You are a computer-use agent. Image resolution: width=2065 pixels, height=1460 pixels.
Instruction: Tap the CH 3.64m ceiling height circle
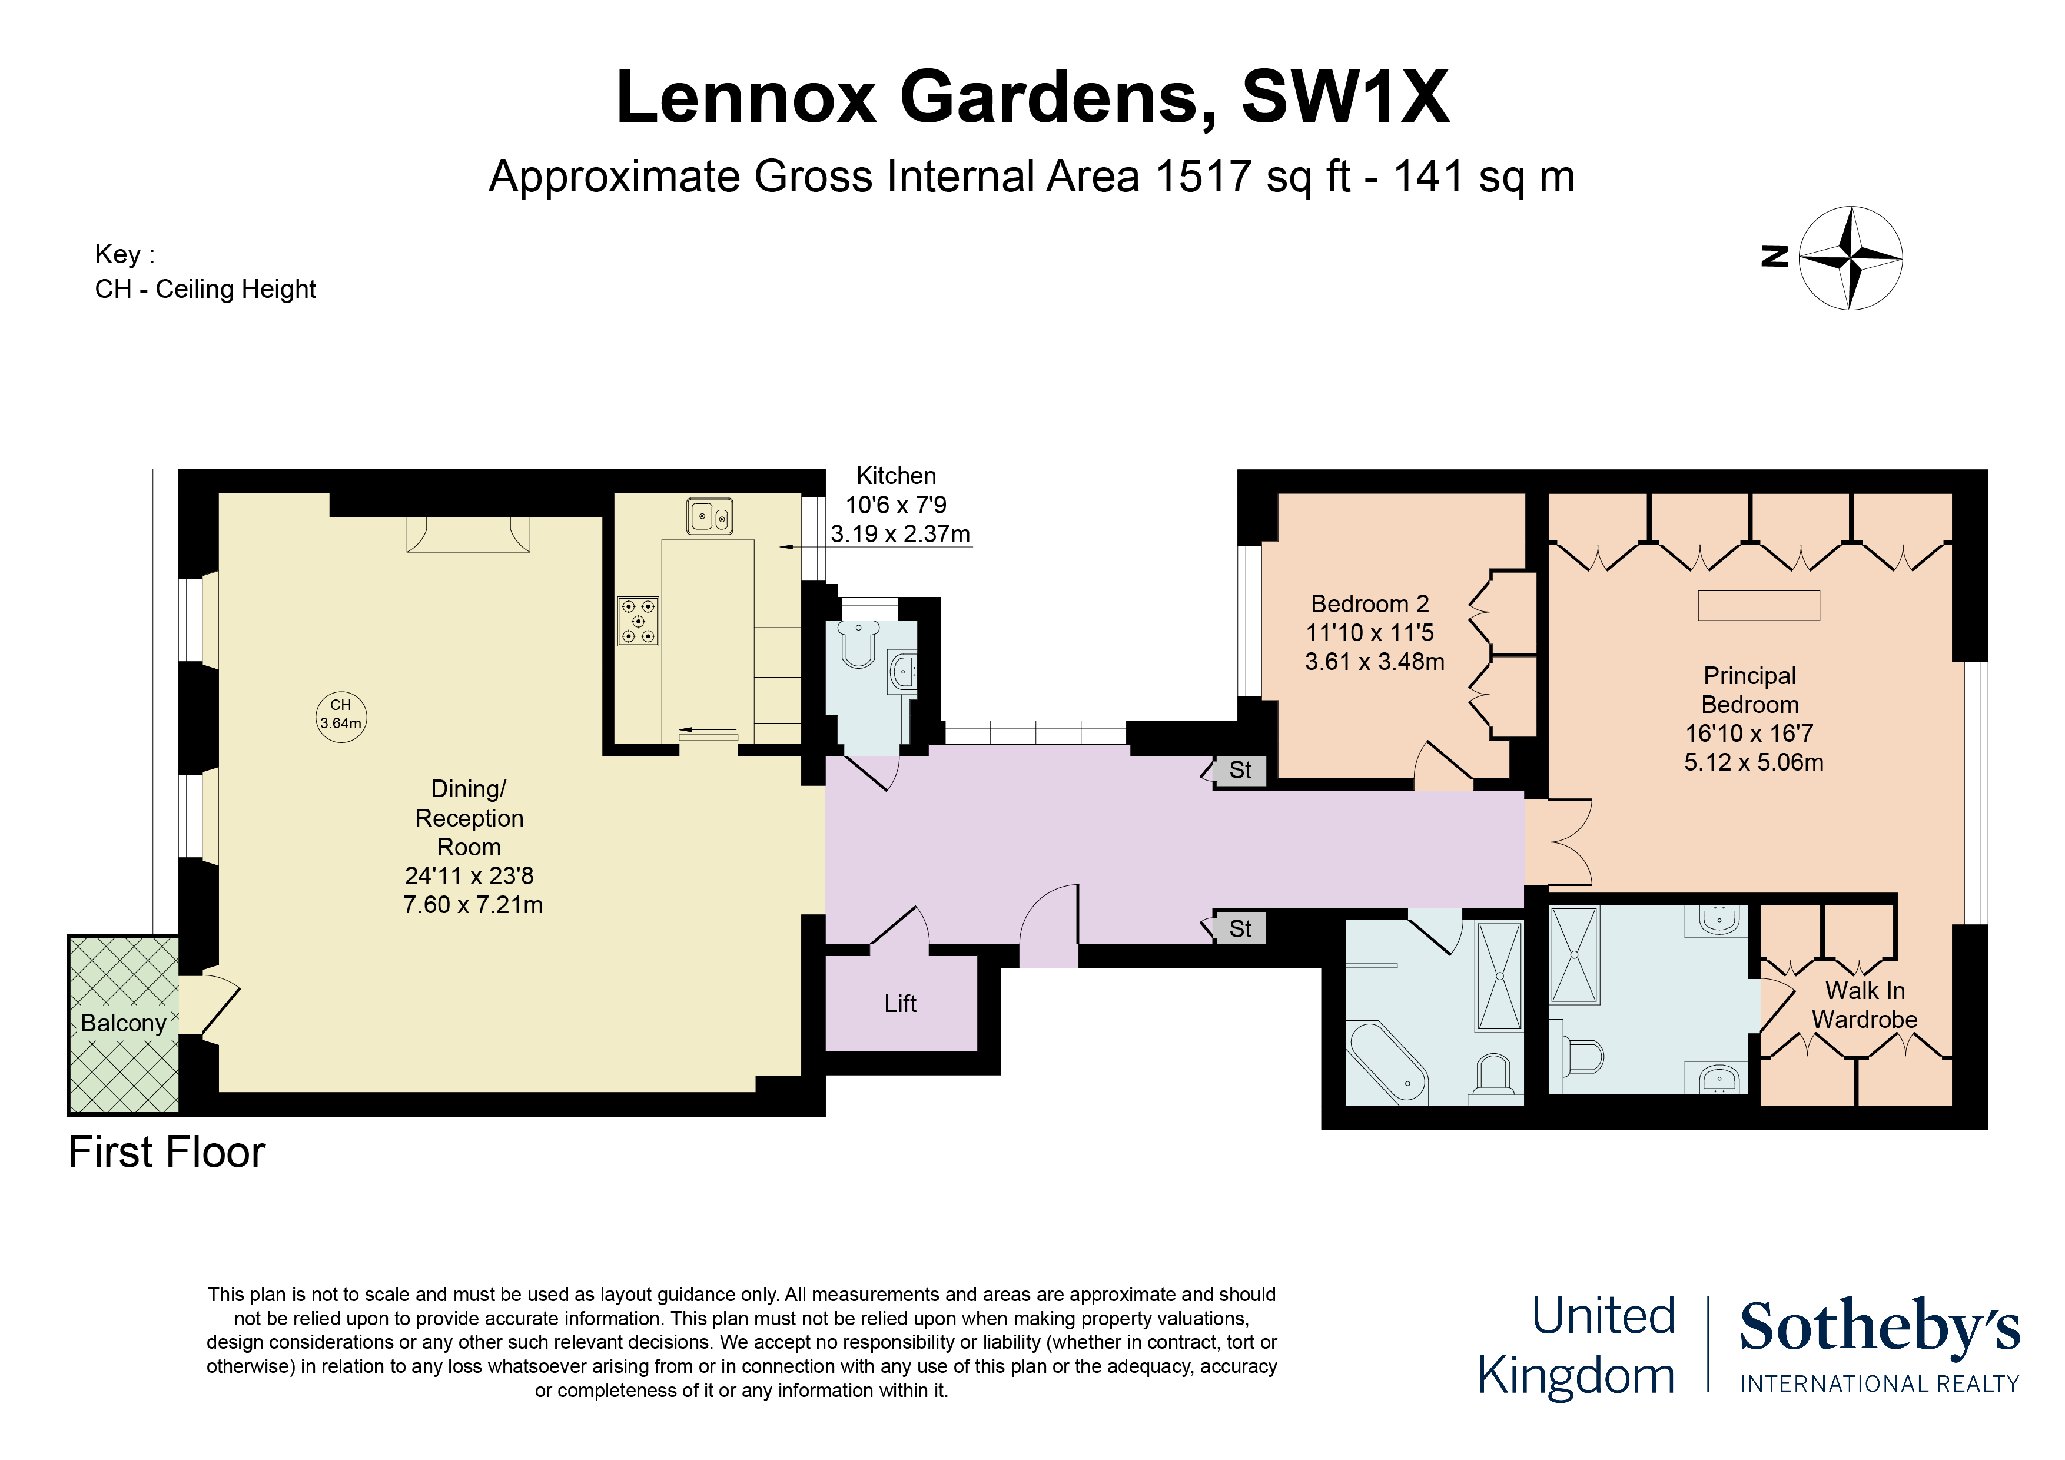341,716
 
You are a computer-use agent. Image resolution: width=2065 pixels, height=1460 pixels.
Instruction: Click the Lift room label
899,1003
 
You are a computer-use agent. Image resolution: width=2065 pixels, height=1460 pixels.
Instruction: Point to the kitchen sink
709,516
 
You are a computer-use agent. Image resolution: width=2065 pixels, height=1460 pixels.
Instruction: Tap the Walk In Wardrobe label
1864,1005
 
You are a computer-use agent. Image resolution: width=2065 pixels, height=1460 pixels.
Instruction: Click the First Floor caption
167,1152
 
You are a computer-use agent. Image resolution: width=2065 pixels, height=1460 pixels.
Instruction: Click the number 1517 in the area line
1203,176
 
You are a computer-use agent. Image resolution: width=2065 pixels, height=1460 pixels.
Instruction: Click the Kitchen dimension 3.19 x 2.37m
899,535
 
